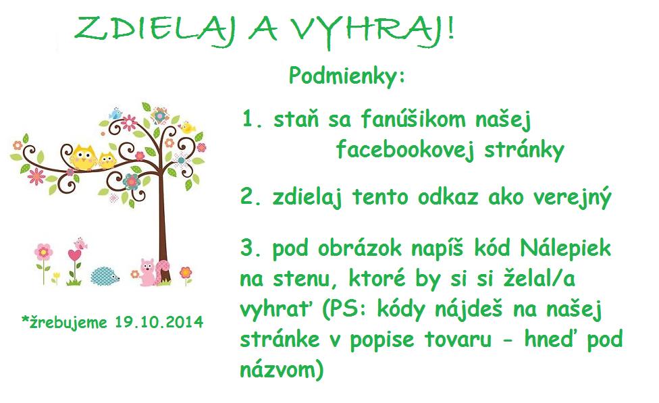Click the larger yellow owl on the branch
(x=83, y=157)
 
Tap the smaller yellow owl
(x=107, y=161)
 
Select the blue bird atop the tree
(x=115, y=114)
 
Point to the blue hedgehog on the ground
(x=105, y=276)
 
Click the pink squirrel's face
(x=147, y=267)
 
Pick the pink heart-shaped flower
(x=74, y=255)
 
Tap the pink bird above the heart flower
(x=80, y=243)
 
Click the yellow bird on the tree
(x=188, y=128)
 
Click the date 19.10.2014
(x=159, y=322)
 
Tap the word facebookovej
(x=404, y=150)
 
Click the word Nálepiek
(x=565, y=247)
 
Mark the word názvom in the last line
(x=278, y=369)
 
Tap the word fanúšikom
(x=413, y=119)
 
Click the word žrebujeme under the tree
(x=68, y=323)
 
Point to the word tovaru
(x=458, y=340)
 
